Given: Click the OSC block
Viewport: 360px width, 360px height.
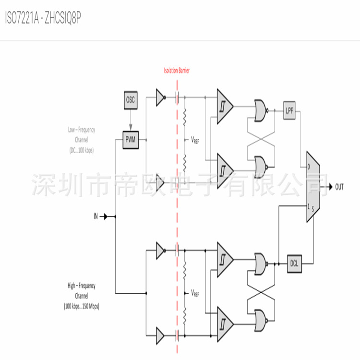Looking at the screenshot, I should [x=131, y=100].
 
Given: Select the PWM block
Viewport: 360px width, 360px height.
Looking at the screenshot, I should [x=131, y=140].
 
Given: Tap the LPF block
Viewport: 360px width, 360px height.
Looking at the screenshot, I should [x=289, y=110].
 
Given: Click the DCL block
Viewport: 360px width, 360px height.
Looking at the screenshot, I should [x=294, y=263].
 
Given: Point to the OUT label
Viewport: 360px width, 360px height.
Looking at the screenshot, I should [x=339, y=187].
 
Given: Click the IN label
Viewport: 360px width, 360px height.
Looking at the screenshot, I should [x=96, y=216].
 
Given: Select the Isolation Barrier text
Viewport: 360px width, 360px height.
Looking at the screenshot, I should [x=177, y=71].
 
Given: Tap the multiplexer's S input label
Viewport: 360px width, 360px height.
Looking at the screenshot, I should [x=313, y=209].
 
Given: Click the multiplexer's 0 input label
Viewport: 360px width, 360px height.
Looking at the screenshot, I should [x=309, y=166].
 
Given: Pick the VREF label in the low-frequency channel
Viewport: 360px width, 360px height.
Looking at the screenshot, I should [x=195, y=141].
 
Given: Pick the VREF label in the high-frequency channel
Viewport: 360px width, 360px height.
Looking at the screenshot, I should [x=195, y=293].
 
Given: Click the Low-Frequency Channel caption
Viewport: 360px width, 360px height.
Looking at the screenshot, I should [x=81, y=140].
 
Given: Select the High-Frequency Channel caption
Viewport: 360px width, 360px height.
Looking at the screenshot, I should [x=81, y=295].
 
